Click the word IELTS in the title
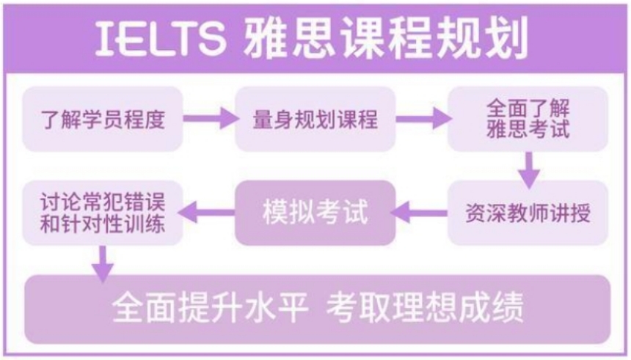click(160, 38)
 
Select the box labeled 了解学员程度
click(103, 119)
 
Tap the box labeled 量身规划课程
click(315, 119)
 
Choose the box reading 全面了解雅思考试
click(528, 119)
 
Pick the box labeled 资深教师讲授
click(528, 213)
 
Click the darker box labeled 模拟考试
click(315, 213)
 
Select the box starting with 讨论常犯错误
click(103, 213)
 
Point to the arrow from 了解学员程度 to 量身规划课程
click(211, 118)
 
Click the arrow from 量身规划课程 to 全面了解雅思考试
click(423, 118)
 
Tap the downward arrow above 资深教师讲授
click(529, 170)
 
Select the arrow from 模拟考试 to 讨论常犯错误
click(206, 212)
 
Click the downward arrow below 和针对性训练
click(103, 264)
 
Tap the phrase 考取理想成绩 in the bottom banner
click(425, 308)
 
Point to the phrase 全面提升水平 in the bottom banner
click(210, 308)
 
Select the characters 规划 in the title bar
click(482, 38)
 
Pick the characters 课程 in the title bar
click(385, 38)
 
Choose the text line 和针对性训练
click(103, 224)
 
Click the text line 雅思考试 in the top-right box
click(528, 130)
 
